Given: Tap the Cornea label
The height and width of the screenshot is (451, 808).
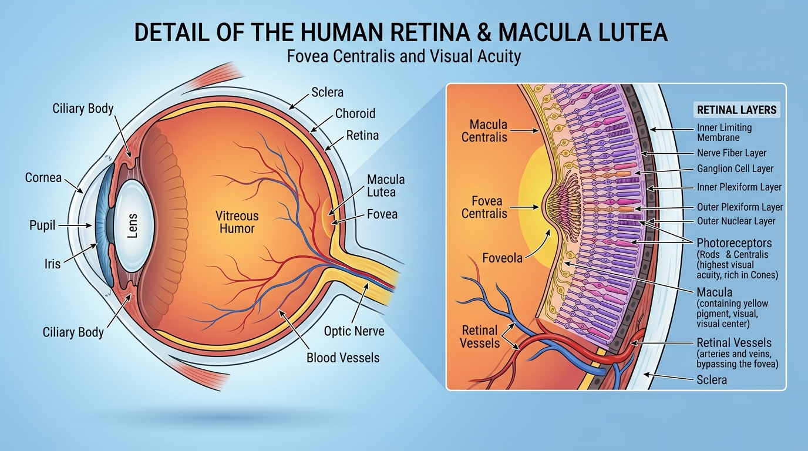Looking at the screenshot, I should [43, 177].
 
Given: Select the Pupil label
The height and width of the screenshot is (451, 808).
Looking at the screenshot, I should [42, 225].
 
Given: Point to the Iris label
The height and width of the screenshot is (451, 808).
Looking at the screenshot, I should [52, 264].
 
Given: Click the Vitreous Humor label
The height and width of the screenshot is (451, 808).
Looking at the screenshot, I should [237, 221].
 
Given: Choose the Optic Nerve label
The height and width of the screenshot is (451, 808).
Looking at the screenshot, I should [354, 331].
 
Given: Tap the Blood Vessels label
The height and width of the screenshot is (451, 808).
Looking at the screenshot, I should [343, 358].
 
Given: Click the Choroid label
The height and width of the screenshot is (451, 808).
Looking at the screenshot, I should [355, 113].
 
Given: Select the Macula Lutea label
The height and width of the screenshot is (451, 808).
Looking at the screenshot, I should [386, 186].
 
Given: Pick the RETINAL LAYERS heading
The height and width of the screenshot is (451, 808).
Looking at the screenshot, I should [736, 110].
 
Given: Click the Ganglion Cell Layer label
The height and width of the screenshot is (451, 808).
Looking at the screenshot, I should [735, 169].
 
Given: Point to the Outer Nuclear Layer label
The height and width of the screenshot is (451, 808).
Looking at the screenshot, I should [736, 221].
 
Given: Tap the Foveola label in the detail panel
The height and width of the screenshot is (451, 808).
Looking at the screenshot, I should [502, 258].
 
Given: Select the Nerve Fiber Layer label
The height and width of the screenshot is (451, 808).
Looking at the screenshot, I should [732, 153].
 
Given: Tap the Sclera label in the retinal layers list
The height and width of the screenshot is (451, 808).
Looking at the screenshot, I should [712, 380].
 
